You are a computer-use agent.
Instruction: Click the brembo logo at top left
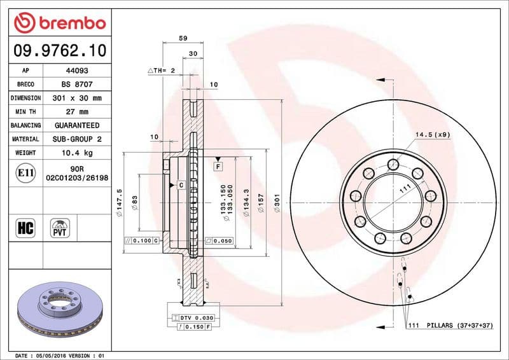coord(59,23)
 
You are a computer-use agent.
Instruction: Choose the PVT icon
coord(61,227)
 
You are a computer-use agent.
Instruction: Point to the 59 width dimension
coord(183,39)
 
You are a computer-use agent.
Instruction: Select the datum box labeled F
coord(218,166)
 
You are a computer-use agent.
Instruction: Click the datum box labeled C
coord(181,184)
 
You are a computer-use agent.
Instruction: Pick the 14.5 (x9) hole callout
coord(433,135)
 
